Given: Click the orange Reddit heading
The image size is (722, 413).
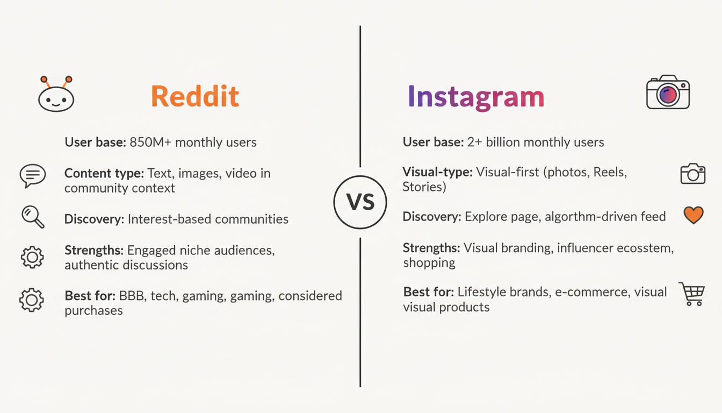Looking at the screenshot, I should pyautogui.click(x=194, y=97).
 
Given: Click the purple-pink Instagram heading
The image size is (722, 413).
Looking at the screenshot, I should pyautogui.click(x=475, y=97).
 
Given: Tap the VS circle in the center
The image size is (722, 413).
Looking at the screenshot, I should pyautogui.click(x=360, y=202).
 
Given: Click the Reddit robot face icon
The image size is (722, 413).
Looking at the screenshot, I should pyautogui.click(x=56, y=95).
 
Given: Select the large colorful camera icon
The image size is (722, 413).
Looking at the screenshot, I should pyautogui.click(x=668, y=93).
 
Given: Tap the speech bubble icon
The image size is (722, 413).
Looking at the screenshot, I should pyautogui.click(x=32, y=176).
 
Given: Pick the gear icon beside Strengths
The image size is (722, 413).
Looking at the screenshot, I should pyautogui.click(x=32, y=257).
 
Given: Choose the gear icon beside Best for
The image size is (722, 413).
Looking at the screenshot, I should pyautogui.click(x=31, y=300).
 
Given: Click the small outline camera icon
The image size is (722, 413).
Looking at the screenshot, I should pyautogui.click(x=692, y=174).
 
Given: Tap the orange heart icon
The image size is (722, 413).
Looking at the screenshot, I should pyautogui.click(x=693, y=215).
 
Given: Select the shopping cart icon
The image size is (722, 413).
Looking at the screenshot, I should pyautogui.click(x=691, y=294).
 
